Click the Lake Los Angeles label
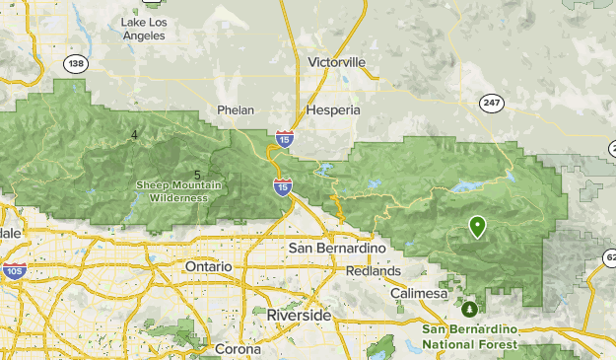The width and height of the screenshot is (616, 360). [x=143, y=29]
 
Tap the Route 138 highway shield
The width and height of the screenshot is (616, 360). [x=74, y=63]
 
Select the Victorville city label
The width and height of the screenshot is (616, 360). [x=336, y=62]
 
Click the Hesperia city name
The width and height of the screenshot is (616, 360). [x=333, y=110]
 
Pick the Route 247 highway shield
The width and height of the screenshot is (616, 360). [x=491, y=102]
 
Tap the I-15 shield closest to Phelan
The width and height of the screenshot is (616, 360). [x=284, y=139]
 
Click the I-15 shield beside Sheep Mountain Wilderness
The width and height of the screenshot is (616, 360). [x=283, y=185]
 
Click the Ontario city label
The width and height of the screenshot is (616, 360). [x=208, y=267]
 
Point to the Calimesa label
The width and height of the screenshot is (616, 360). [x=419, y=294]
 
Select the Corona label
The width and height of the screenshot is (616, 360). [x=239, y=349]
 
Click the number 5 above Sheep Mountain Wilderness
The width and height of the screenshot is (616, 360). [x=197, y=175]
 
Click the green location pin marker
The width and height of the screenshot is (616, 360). [x=477, y=227]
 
